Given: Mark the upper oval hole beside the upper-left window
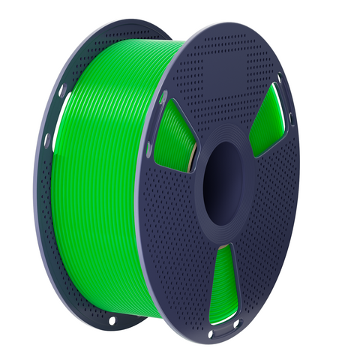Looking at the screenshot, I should (163, 98).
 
